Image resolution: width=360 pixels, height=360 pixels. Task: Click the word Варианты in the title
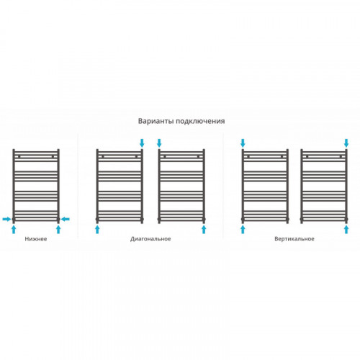pos(156,121)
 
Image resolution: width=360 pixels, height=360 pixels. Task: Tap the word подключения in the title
pos(200,121)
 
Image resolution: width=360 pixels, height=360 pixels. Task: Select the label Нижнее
pos(36,239)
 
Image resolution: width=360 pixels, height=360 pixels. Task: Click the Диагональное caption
pos(150,239)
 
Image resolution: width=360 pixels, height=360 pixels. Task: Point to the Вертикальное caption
pos(294,239)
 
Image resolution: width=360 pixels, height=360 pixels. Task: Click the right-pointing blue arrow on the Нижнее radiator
pos(6,219)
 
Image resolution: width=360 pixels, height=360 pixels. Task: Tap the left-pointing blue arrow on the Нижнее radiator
pos(66,219)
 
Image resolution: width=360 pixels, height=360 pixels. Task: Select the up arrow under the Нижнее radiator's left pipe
pos(14,230)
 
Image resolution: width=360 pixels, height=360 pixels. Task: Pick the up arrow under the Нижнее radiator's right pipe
pos(58,230)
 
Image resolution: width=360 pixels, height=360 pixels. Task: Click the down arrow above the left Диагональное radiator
pos(142,143)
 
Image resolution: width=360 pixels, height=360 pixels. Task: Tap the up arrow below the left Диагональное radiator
pos(97,230)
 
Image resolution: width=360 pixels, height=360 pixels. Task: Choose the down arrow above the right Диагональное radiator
pos(159,143)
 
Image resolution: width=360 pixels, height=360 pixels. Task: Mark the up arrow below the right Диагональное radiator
pos(204,230)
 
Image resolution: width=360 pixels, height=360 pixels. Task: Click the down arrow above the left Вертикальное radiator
pos(243,143)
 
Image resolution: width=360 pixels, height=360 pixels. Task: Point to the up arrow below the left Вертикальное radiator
pos(243,230)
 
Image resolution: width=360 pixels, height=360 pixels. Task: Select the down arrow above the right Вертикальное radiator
pos(346,143)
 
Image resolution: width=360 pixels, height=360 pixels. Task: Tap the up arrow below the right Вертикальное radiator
pos(346,230)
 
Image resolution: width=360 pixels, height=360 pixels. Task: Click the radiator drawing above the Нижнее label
pos(14,186)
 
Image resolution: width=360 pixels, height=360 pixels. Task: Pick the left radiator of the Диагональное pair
pos(97,186)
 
